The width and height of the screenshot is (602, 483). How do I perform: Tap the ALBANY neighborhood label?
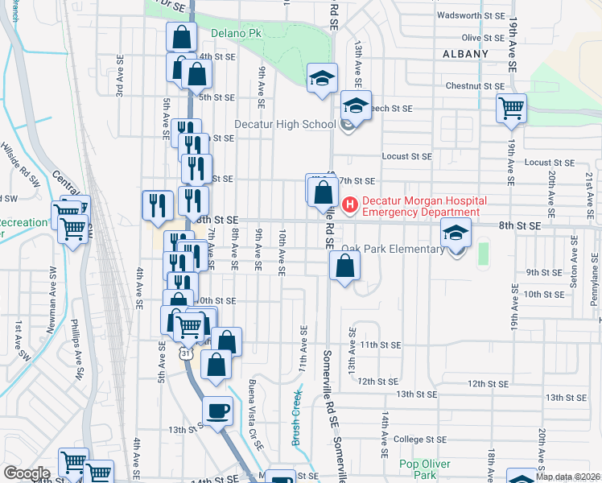(x=466, y=54)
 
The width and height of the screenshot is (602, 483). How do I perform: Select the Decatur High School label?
(x=285, y=124)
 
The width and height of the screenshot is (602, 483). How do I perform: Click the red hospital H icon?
(x=349, y=205)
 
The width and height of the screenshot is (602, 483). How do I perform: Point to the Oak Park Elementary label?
(x=393, y=249)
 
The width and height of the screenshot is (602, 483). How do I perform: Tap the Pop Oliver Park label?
(x=418, y=469)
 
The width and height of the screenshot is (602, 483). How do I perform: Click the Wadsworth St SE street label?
(x=470, y=15)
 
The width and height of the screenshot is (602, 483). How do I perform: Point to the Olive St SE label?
(x=482, y=38)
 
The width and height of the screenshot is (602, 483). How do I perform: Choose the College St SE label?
(x=423, y=440)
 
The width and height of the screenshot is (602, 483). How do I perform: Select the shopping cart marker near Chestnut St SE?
(x=511, y=108)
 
